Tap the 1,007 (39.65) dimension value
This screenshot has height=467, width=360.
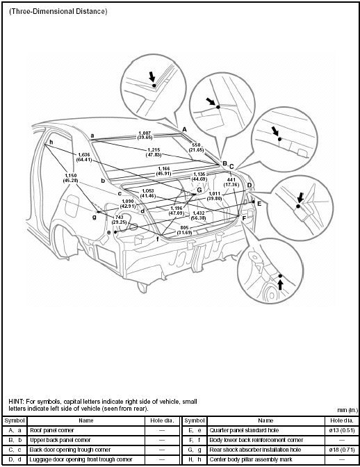[145, 135]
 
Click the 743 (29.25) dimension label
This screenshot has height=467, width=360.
[119, 220]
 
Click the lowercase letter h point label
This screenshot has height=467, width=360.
[51, 143]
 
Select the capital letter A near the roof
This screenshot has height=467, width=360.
[184, 129]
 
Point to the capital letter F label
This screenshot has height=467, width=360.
[244, 218]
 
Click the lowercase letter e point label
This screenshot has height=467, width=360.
[108, 232]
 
